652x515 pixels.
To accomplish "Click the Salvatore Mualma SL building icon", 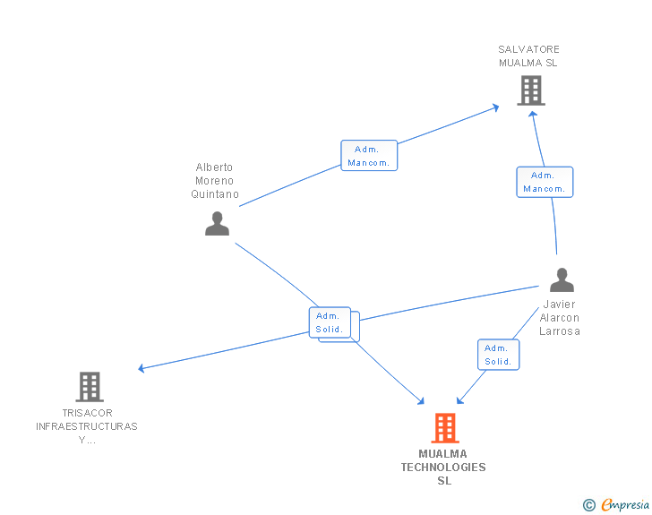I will tap(531, 90).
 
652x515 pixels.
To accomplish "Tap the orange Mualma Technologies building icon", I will tap(445, 428).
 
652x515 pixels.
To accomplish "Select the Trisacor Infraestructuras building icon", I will tap(90, 387).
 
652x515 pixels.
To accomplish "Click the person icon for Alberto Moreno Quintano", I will tap(217, 223).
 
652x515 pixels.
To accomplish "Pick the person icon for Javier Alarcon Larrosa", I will tap(562, 280).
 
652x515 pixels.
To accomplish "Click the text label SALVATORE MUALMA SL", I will tap(528, 56).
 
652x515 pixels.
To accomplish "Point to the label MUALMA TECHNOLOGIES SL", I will tap(443, 468).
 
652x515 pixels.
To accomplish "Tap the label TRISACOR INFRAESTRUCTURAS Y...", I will tap(87, 426).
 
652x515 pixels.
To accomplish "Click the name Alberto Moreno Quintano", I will tap(215, 181).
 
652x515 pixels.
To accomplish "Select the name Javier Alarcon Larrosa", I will tap(560, 318).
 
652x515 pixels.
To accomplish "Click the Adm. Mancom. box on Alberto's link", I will tap(368, 156).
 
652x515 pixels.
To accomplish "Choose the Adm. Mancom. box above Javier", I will tap(544, 182).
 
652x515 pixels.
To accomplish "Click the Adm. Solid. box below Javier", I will tap(498, 355).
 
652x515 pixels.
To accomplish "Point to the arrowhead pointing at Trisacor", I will tap(142, 368).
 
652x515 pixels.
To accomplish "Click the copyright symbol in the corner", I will tap(588, 505).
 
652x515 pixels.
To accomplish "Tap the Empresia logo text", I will tap(625, 505).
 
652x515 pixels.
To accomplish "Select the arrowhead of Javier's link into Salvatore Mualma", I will tap(533, 116).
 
